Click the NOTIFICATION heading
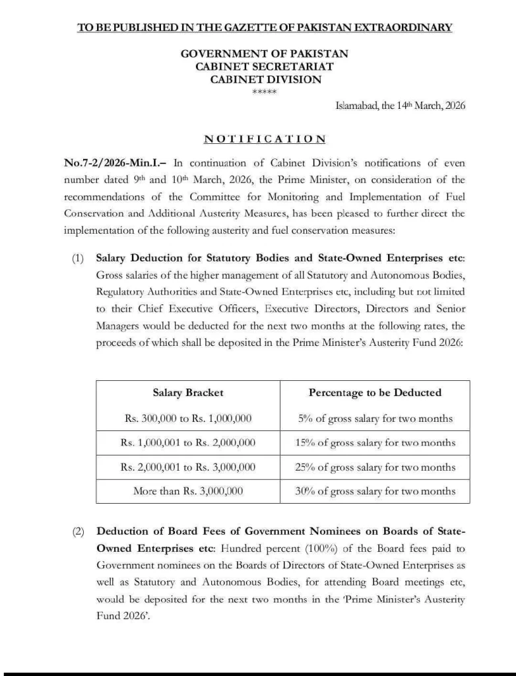(265, 139)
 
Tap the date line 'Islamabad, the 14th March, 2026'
(401, 106)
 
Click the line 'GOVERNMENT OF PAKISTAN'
(265, 53)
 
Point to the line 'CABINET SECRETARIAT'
(265, 67)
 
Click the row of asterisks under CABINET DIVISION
(265, 92)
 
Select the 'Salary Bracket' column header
(188, 392)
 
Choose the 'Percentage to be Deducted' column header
(375, 392)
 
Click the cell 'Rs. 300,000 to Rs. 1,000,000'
(188, 418)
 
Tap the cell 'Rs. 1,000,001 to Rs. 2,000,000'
(188, 442)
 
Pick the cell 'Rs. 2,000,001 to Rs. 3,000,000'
(188, 467)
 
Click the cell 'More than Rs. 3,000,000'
(188, 490)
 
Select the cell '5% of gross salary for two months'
(375, 418)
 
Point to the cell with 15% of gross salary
(375, 442)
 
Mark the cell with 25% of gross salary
(375, 467)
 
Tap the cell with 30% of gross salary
(375, 490)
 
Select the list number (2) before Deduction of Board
(78, 532)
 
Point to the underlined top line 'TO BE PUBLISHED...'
(265, 27)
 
